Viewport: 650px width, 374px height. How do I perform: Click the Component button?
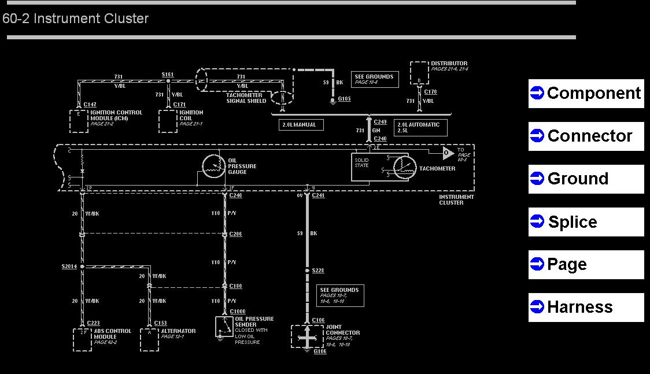586,94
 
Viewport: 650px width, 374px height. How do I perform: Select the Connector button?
586,136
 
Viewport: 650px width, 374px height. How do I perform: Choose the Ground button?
586,179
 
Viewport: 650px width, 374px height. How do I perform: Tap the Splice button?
586,222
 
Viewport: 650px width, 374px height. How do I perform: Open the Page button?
586,265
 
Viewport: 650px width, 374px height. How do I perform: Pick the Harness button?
586,308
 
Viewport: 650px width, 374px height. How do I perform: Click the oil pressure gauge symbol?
213,166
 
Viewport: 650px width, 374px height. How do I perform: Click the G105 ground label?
344,99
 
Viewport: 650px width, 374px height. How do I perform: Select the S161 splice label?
168,75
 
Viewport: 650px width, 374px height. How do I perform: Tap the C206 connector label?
235,234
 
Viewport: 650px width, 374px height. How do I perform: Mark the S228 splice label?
318,271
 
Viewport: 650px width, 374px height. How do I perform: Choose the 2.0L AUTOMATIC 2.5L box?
419,127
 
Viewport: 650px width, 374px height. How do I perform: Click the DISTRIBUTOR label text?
449,64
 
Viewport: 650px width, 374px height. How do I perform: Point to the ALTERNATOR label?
178,331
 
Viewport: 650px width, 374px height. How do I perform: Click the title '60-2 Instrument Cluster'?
76,18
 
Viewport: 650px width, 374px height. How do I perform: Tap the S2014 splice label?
69,266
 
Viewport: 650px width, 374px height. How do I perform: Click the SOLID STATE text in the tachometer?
361,162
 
